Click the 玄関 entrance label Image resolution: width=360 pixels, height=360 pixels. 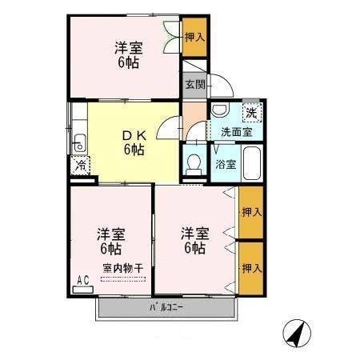[x=195, y=85]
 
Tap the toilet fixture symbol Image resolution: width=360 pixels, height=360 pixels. [x=194, y=165]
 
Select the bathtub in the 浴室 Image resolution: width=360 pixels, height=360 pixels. [x=252, y=163]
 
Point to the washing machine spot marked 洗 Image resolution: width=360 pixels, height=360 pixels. [x=252, y=113]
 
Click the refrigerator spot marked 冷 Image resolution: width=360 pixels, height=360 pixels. [x=80, y=166]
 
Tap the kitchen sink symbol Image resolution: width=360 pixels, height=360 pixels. [x=80, y=143]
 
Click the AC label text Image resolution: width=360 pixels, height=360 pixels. [x=83, y=280]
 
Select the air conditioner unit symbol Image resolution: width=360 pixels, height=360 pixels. [x=83, y=290]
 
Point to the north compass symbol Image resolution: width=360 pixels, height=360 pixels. [x=297, y=334]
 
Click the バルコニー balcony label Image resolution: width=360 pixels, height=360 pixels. [x=166, y=308]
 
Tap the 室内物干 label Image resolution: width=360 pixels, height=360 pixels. [x=123, y=268]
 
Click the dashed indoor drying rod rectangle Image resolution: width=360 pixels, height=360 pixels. [x=123, y=279]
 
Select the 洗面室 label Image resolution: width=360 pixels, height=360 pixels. [x=237, y=132]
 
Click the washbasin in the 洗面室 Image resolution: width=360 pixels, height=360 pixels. [x=220, y=110]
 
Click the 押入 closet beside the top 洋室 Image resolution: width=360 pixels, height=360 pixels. [x=194, y=37]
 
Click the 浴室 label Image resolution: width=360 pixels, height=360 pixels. [x=226, y=164]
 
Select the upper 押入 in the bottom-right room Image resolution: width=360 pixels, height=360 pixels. [x=251, y=212]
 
